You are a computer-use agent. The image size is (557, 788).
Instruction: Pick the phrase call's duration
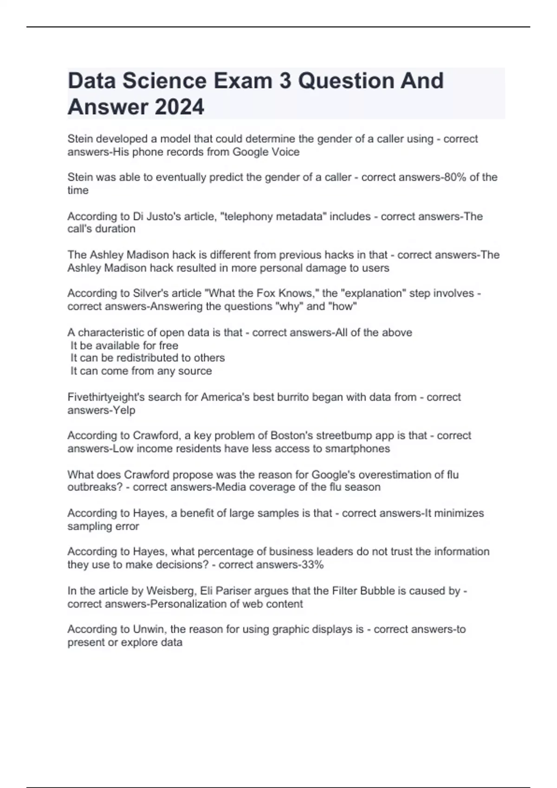tap(102, 229)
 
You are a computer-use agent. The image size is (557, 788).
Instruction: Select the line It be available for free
tap(124, 345)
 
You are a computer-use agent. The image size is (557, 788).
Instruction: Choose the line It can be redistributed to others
tap(148, 358)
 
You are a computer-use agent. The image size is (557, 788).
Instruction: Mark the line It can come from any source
tap(141, 371)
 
